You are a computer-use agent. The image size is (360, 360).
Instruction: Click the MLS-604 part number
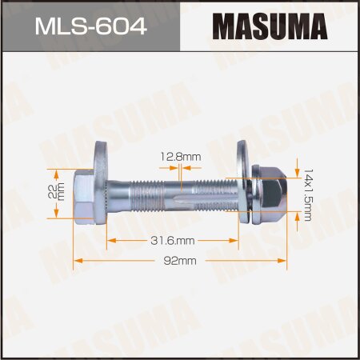click(89, 29)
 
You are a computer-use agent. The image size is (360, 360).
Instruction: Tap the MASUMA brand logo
click(270, 29)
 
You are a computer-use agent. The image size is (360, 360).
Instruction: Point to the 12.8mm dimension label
click(180, 158)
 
